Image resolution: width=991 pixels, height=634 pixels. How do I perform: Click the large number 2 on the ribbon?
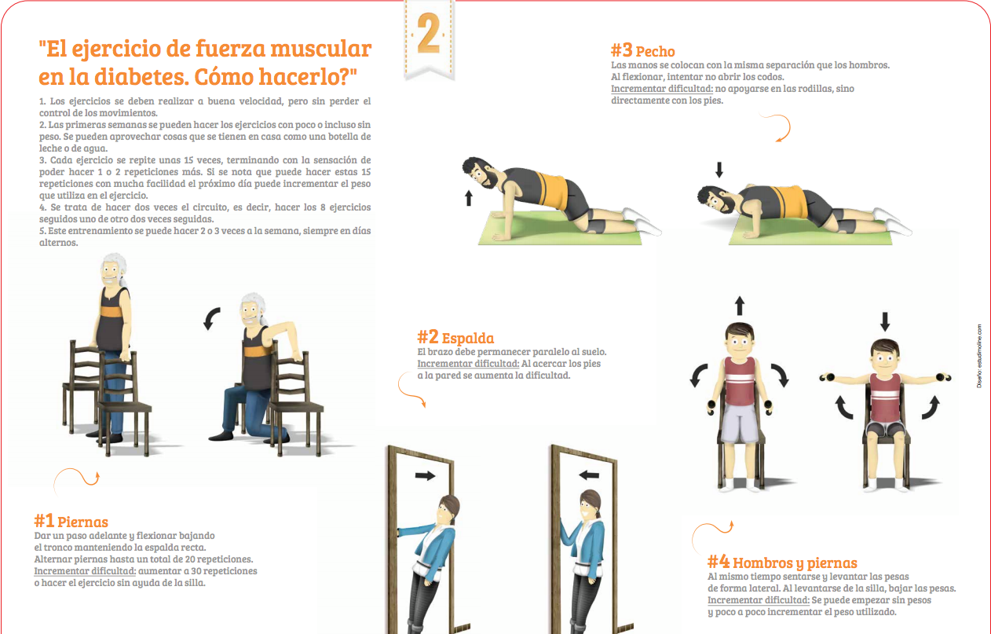429,33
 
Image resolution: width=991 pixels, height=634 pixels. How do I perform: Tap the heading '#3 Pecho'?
643,51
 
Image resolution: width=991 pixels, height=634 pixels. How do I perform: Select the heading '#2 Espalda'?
455,337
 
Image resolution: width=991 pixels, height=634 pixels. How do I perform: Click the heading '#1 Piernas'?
71,521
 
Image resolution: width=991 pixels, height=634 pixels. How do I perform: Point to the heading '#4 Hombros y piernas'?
782,562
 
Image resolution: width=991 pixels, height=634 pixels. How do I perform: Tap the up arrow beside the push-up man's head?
469,198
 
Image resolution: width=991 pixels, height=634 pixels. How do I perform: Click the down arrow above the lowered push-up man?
719,170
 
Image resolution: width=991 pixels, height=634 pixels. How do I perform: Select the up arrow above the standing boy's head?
740,306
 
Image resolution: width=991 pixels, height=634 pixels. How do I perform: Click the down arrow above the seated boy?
885,322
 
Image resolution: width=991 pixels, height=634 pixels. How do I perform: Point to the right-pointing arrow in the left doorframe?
425,476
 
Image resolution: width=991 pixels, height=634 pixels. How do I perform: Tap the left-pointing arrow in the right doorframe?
589,475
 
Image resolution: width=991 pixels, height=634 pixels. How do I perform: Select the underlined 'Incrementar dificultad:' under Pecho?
662,89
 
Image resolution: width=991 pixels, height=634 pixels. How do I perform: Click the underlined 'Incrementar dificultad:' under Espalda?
468,364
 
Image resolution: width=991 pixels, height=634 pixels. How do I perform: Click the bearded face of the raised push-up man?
480,173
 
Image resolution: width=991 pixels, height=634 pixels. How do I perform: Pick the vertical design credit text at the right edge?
979,356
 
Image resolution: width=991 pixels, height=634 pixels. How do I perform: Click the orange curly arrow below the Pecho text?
780,127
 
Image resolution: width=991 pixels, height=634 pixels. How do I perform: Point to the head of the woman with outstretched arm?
449,512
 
